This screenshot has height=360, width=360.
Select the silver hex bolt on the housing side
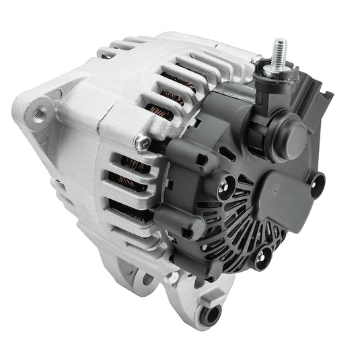(x=141, y=142)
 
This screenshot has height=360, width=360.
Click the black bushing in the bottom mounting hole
(x=213, y=314)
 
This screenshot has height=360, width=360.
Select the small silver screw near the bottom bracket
(x=174, y=277)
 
